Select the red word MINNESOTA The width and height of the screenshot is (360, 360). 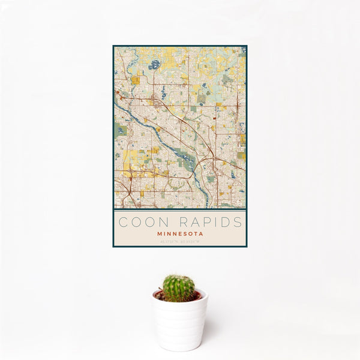[x=180, y=233]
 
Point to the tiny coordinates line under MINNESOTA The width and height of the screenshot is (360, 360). [x=180, y=241]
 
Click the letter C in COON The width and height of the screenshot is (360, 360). [x=123, y=222]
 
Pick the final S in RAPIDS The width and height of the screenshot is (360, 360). [x=238, y=222]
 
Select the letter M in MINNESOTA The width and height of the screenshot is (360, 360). [x=159, y=233]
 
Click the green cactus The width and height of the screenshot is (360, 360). [x=178, y=287]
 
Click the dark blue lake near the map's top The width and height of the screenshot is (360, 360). [x=155, y=64]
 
